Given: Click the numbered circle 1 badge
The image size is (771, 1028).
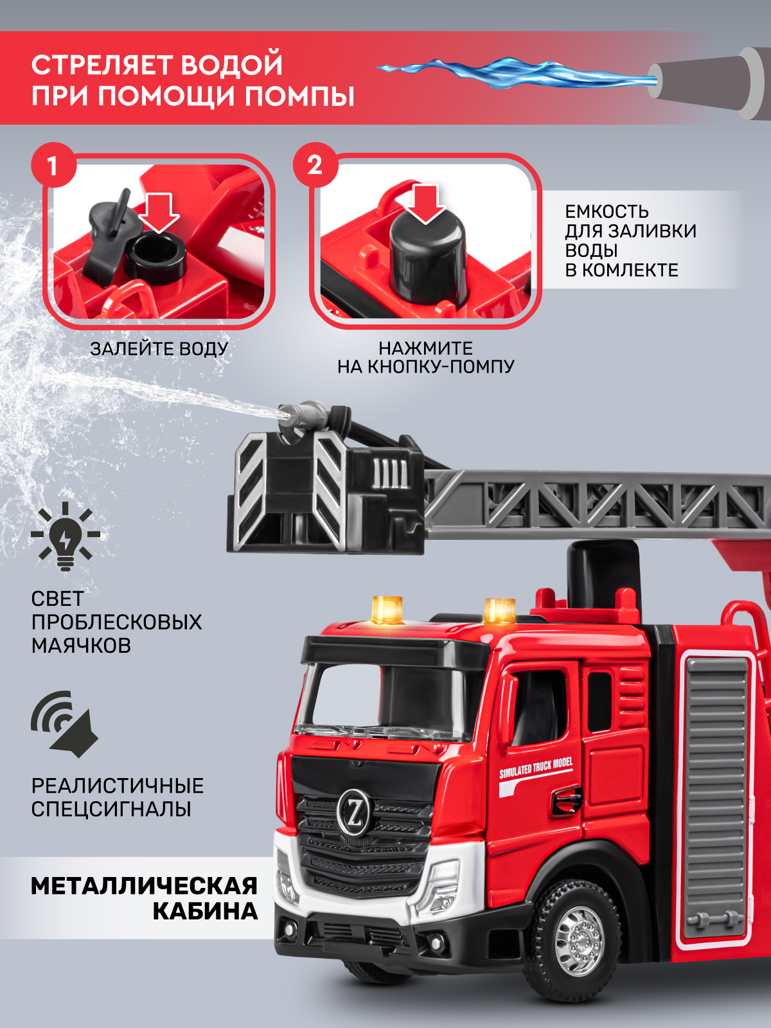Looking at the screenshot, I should click(x=53, y=166).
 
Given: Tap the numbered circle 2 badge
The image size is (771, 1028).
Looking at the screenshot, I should click(x=315, y=165).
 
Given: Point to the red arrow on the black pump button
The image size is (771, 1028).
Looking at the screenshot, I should click(x=425, y=203).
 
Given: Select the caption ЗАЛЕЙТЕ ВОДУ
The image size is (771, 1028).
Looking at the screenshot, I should click(x=159, y=349).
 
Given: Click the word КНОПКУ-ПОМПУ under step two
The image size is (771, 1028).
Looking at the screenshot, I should click(x=440, y=367).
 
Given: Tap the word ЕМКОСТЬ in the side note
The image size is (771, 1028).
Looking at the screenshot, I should click(x=607, y=211).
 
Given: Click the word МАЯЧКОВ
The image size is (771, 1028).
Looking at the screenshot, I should click(x=81, y=645).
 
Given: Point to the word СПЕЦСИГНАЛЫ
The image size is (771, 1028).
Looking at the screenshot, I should click(x=111, y=808).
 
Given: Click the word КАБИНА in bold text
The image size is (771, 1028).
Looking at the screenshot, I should click(x=205, y=911).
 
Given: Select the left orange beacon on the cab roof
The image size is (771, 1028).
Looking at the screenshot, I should click(x=387, y=608).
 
